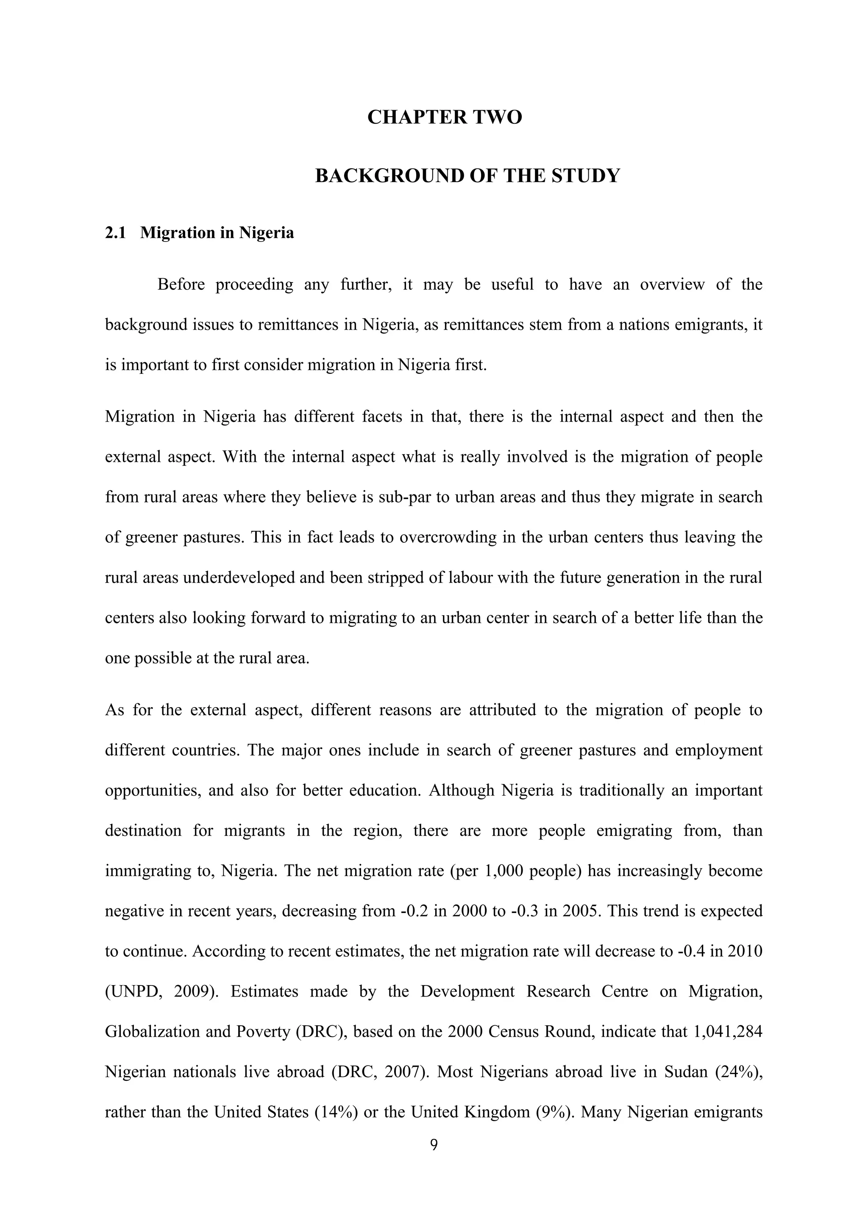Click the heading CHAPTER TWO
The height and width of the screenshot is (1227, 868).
444,117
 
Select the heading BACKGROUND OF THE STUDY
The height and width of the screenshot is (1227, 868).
467,176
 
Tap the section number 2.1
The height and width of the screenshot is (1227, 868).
115,233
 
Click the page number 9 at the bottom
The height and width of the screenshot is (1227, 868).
434,1144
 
